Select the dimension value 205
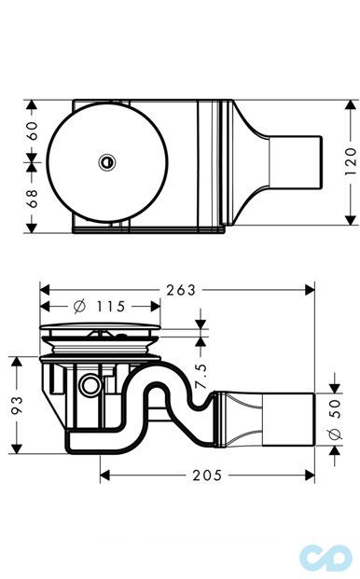click(208, 475)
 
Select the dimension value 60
click(33, 131)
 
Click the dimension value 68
click(33, 198)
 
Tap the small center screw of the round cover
click(105, 162)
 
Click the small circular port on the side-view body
click(90, 384)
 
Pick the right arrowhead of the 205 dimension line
click(311, 475)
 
